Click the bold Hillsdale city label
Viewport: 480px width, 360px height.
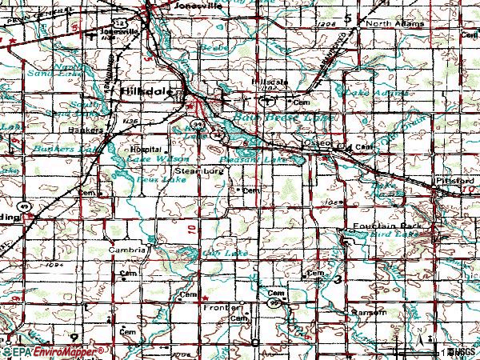click(147, 93)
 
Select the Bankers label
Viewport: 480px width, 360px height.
click(86, 129)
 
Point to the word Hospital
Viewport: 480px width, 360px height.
click(146, 150)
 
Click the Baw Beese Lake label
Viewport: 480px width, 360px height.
click(274, 118)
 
